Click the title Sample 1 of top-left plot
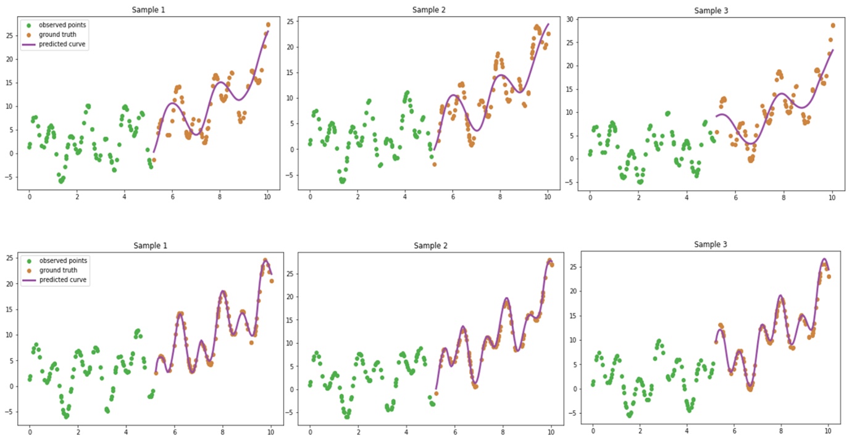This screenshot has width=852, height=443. pyautogui.click(x=149, y=11)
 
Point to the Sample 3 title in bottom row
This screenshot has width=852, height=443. pyautogui.click(x=710, y=244)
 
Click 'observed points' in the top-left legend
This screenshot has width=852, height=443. pyautogui.click(x=62, y=25)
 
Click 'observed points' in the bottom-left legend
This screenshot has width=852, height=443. pyautogui.click(x=62, y=260)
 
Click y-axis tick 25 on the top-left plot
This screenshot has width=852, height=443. pyautogui.click(x=9, y=36)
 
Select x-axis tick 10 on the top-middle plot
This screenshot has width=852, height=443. pyautogui.click(x=547, y=196)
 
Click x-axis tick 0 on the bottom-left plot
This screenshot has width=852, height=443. pyautogui.click(x=29, y=432)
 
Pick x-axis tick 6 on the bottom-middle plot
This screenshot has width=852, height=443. pyautogui.click(x=454, y=433)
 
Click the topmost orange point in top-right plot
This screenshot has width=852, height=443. pyautogui.click(x=833, y=25)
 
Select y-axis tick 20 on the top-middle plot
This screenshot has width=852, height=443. pyautogui.click(x=290, y=47)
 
